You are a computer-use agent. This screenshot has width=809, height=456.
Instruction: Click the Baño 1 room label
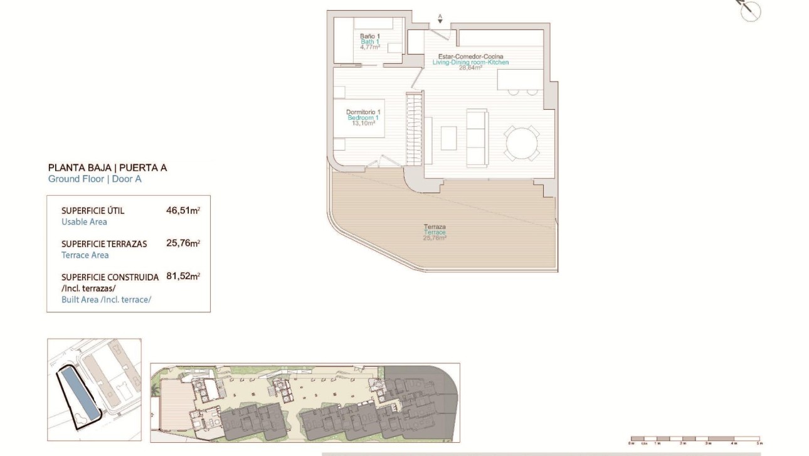tap(369, 36)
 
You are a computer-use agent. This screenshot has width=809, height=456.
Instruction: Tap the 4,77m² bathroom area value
tap(369, 47)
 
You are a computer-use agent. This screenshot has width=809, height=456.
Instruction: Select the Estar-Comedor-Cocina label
tap(470, 56)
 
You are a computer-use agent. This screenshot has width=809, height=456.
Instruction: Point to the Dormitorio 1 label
tap(363, 112)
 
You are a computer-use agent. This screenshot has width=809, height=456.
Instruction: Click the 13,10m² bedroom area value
tap(363, 124)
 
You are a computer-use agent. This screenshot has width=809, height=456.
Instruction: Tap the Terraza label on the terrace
tap(434, 227)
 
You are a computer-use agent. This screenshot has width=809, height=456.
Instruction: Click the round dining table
tap(522, 144)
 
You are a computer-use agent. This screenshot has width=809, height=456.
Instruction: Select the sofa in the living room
tap(477, 137)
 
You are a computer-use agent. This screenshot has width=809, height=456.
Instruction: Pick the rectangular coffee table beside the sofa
tap(448, 138)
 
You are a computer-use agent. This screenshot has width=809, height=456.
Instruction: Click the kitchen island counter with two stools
tap(520, 80)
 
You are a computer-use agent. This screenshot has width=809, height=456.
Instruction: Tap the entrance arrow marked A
tap(440, 19)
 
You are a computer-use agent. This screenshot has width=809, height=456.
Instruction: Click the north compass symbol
tap(750, 11)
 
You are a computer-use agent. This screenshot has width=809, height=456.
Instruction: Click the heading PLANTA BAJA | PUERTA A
tap(108, 167)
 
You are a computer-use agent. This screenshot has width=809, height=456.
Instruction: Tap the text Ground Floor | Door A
tap(95, 179)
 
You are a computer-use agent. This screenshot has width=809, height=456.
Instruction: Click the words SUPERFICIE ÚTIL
tap(93, 211)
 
